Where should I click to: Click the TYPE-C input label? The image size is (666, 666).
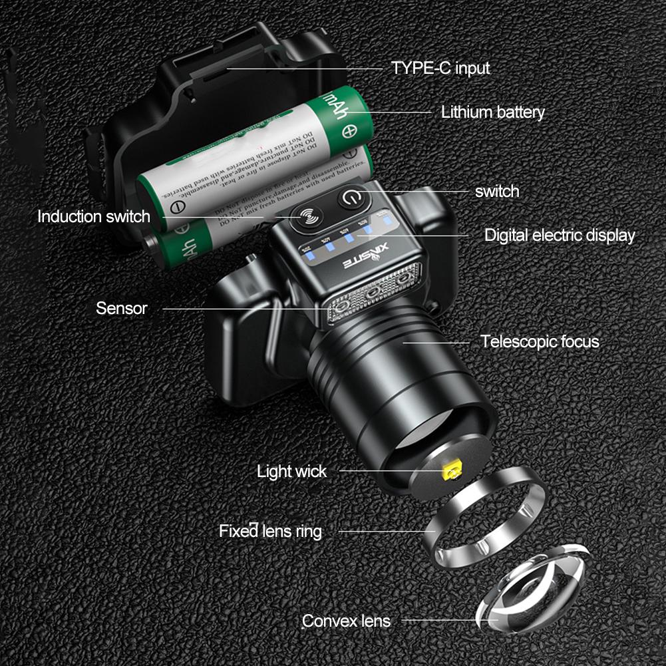coord(440,68)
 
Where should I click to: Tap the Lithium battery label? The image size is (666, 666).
coord(492,112)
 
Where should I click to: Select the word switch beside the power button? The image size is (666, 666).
coord(496,192)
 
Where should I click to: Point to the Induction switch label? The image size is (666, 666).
coord(94,217)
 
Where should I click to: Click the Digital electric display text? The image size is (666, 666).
coord(559,235)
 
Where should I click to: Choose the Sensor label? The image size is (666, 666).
coord(121,308)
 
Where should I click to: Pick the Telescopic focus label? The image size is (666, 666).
coord(540,342)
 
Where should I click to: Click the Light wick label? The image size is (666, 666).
coord(291,472)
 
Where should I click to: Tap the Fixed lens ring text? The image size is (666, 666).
coord(270,531)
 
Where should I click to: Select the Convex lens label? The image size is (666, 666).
coord(346,621)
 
